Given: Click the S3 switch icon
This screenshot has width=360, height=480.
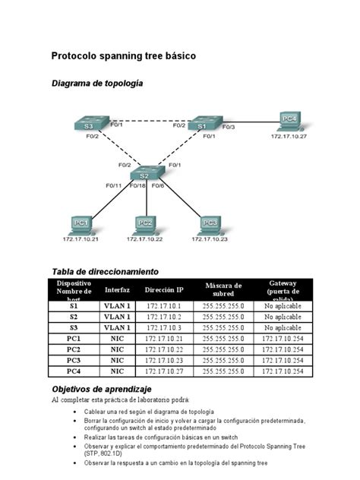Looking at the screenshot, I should pyautogui.click(x=90, y=125).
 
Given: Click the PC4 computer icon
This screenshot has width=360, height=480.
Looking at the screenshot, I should pyautogui.click(x=289, y=120).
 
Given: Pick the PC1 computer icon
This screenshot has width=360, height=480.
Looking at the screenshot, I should pyautogui.click(x=81, y=224).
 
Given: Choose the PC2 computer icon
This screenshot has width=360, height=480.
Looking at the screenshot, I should pyautogui.click(x=145, y=224).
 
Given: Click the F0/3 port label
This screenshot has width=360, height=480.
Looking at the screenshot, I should pyautogui.click(x=229, y=126).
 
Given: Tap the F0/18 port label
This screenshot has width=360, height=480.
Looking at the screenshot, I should pyautogui.click(x=137, y=185).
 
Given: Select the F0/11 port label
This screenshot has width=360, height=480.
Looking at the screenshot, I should pyautogui.click(x=114, y=185).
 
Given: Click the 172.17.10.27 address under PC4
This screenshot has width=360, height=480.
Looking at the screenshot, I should pyautogui.click(x=289, y=136).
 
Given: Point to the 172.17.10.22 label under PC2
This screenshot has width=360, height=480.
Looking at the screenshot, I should pyautogui.click(x=145, y=238).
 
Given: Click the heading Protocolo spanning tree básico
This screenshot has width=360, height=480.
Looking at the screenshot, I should pyautogui.click(x=123, y=55).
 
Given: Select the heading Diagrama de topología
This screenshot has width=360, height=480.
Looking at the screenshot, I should pyautogui.click(x=96, y=83).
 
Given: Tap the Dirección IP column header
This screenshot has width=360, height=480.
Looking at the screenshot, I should pyautogui.click(x=164, y=289).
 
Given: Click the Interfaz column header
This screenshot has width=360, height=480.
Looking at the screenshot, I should pyautogui.click(x=117, y=289).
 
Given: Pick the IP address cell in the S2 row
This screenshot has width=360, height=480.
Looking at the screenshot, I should pyautogui.click(x=164, y=317).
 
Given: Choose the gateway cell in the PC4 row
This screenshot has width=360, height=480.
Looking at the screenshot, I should pyautogui.click(x=283, y=371).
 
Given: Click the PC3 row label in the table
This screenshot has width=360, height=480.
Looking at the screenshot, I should pyautogui.click(x=74, y=360).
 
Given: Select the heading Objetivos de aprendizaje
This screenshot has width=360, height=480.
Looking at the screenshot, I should pyautogui.click(x=102, y=389).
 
